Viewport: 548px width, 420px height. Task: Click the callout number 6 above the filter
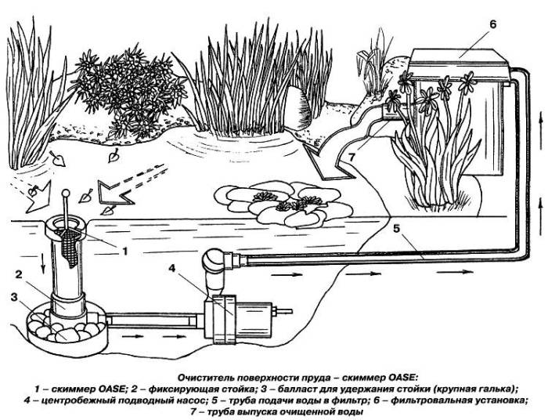(x=492, y=25)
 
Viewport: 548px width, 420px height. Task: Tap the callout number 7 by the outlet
(x=352, y=157)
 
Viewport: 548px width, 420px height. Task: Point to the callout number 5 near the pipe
(x=396, y=230)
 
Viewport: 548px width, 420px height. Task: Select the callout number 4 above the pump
(x=171, y=269)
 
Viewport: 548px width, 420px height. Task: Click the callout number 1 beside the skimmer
(x=124, y=251)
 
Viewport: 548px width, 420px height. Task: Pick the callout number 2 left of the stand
(x=19, y=274)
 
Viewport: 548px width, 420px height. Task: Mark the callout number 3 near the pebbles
(x=14, y=297)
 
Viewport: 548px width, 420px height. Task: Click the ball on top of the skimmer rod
(x=65, y=194)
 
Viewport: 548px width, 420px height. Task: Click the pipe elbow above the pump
(x=214, y=262)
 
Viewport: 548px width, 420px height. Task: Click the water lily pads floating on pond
(x=283, y=204)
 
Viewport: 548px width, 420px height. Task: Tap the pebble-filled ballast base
(x=67, y=331)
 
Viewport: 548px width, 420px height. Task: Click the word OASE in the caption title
(x=402, y=378)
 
